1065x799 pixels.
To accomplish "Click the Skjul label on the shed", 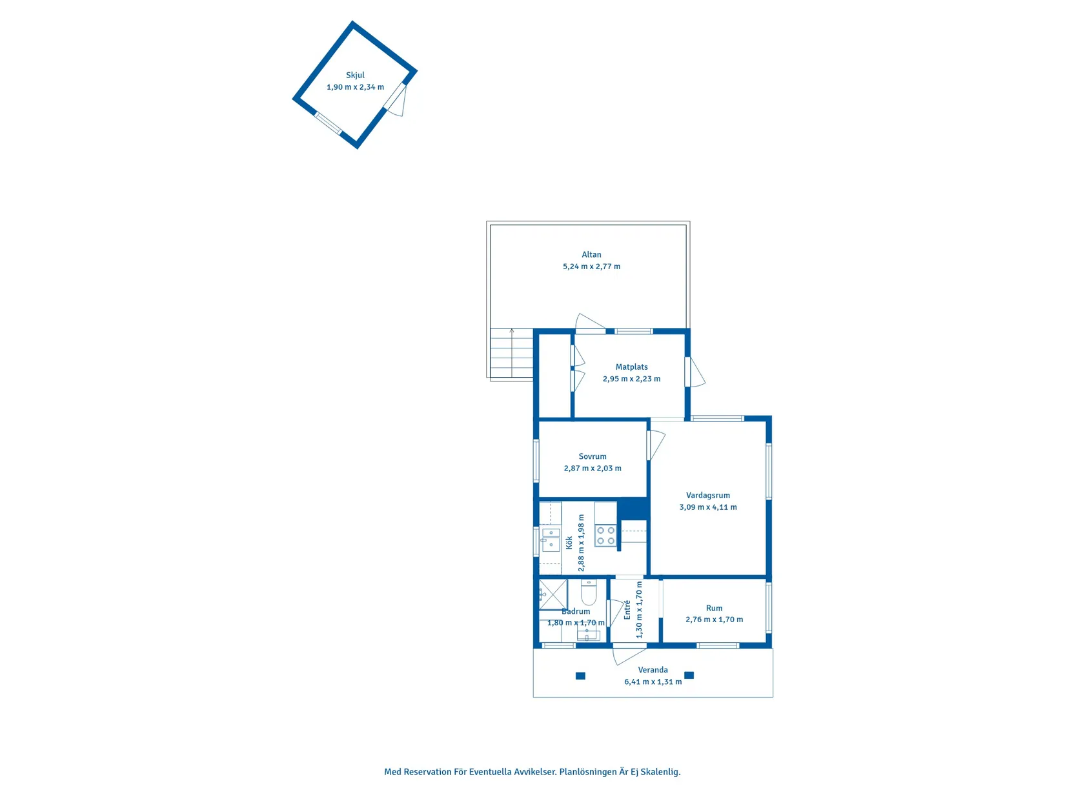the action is pyautogui.click(x=354, y=76).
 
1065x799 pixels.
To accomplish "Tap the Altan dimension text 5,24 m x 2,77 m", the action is pyautogui.click(x=591, y=267).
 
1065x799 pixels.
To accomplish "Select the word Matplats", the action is pyautogui.click(x=631, y=367).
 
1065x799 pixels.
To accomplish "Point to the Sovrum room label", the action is pyautogui.click(x=593, y=456).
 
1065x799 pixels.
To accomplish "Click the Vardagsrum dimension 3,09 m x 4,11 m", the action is pyautogui.click(x=707, y=507).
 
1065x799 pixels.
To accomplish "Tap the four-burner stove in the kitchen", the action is pyautogui.click(x=605, y=536).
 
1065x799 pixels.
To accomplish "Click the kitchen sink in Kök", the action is pyautogui.click(x=551, y=540).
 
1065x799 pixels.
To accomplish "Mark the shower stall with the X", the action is pyautogui.click(x=553, y=594).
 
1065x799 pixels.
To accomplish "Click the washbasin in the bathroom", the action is pyautogui.click(x=588, y=634).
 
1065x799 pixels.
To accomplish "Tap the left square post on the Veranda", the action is pyautogui.click(x=580, y=675).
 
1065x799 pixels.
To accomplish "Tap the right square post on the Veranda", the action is pyautogui.click(x=689, y=675).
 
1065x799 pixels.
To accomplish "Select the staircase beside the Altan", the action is pyautogui.click(x=511, y=352).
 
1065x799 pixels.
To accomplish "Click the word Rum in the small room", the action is pyautogui.click(x=714, y=608).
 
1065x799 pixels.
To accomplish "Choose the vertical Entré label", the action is pyautogui.click(x=627, y=610).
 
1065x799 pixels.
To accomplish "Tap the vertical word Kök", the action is pyautogui.click(x=569, y=542).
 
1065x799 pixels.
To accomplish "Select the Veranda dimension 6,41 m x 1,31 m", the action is pyautogui.click(x=653, y=682).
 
